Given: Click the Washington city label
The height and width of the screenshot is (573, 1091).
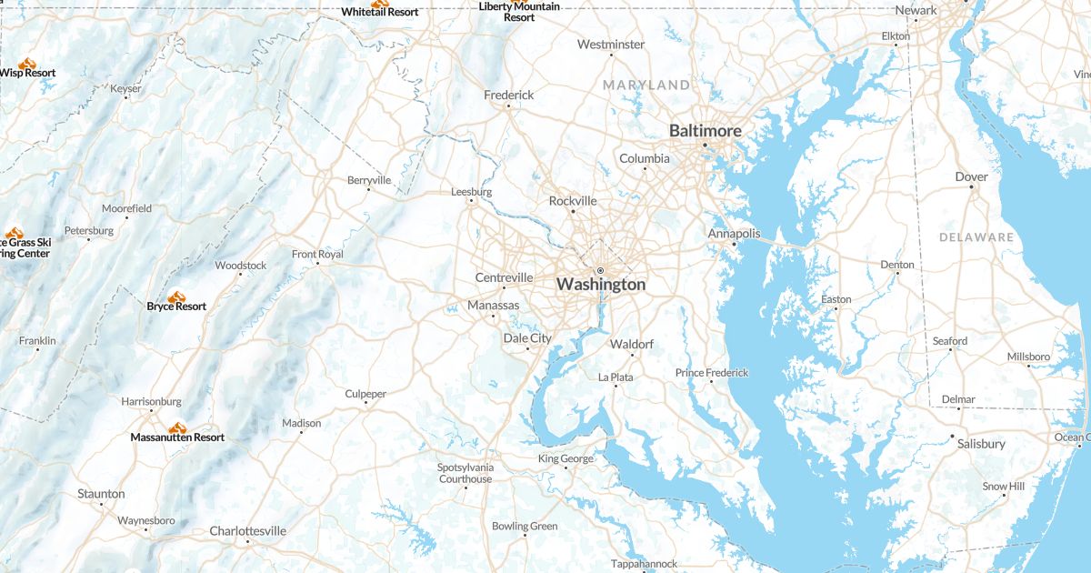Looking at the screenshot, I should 601,285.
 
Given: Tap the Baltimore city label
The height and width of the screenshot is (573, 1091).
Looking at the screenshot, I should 705,131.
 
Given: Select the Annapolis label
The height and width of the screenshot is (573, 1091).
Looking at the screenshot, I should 734,234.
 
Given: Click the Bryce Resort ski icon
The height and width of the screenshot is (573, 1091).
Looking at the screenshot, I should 176,296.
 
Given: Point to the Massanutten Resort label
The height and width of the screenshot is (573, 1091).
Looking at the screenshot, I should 177,437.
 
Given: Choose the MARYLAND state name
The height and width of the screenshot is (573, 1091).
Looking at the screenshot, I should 646,85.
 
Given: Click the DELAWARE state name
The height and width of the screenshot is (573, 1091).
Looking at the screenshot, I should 976,237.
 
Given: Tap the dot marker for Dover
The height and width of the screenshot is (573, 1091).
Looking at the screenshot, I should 971,187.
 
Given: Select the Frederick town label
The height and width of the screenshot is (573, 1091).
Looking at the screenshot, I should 508,95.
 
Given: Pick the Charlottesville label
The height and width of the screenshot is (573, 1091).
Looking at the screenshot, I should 247,531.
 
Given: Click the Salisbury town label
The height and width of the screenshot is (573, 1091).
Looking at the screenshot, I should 981,444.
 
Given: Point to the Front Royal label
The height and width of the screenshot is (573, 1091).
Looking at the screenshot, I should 317,255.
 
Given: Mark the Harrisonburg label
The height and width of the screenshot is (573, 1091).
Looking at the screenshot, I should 152,401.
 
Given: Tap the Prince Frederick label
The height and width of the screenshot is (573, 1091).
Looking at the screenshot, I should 712,373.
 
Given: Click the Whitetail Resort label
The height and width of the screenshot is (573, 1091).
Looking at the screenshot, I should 380,12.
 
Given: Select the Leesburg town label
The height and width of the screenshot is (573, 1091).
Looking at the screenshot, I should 471,192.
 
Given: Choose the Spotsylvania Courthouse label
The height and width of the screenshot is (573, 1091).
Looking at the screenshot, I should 465,473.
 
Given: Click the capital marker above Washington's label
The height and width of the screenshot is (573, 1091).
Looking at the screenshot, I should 600,271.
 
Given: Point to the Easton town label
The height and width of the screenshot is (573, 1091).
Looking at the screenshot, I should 836,299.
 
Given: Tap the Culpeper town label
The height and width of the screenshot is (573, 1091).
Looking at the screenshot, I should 365,394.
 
